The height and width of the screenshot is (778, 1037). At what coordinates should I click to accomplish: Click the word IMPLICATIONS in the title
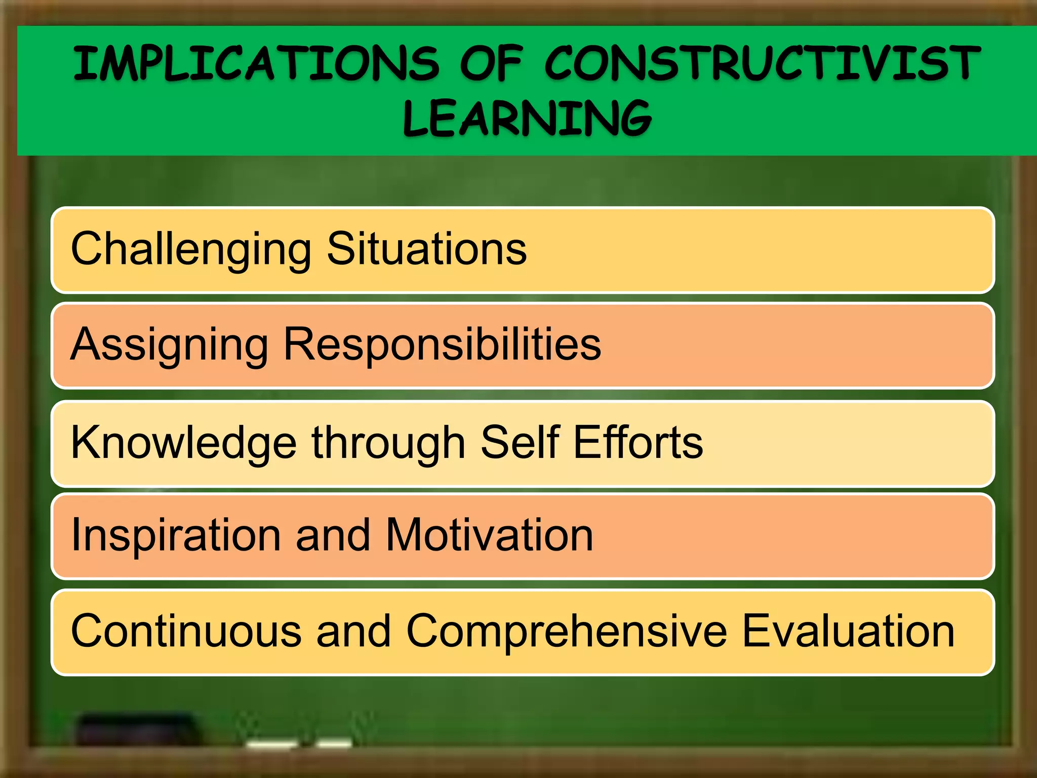click(256, 63)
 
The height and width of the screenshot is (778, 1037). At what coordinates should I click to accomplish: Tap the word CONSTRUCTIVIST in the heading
click(763, 63)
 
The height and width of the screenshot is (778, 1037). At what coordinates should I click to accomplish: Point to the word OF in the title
click(491, 63)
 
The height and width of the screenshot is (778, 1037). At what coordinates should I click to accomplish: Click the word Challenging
click(191, 250)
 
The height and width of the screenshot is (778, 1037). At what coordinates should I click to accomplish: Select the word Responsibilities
click(442, 344)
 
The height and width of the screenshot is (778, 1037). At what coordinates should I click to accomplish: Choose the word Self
click(520, 442)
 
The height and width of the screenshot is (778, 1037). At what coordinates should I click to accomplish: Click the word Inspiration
click(176, 536)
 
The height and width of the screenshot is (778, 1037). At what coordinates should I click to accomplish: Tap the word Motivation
click(489, 535)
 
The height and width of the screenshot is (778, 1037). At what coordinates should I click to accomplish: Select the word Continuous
click(186, 631)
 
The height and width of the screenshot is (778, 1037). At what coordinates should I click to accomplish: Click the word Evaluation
click(848, 631)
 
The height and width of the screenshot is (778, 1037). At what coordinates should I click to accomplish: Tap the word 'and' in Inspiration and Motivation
click(333, 535)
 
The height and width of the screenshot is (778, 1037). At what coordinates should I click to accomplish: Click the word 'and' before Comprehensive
click(353, 631)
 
